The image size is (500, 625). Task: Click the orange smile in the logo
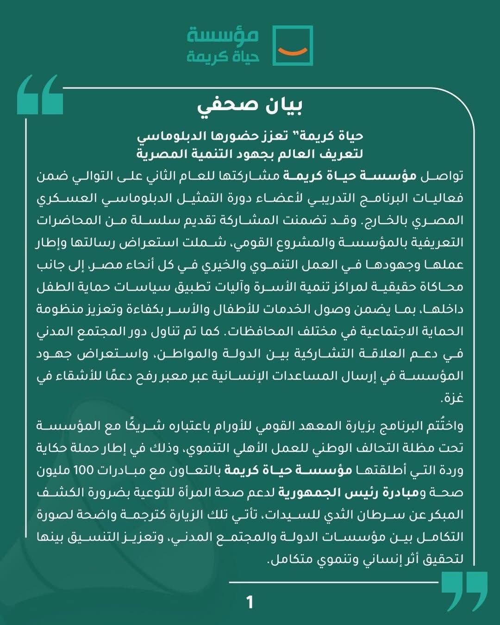click(293, 48)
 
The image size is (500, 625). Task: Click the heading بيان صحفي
click(250, 106)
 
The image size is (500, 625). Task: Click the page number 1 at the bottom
click(250, 603)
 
